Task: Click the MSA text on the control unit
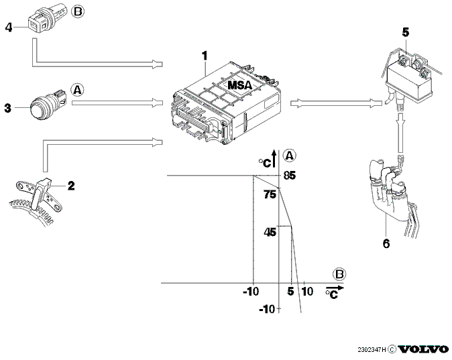(x=240, y=85)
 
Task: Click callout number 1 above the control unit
(x=205, y=56)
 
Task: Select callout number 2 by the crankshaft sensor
(x=71, y=186)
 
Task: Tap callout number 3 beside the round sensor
(x=8, y=108)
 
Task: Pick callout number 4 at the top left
(x=9, y=27)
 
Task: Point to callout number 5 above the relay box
(x=406, y=33)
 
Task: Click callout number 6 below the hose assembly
(x=386, y=243)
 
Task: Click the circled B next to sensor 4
(x=78, y=12)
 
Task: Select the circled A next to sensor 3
(x=77, y=90)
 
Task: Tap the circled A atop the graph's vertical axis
(x=290, y=156)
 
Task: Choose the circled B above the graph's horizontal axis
(x=339, y=274)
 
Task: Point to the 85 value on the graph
(x=290, y=176)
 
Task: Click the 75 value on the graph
(x=270, y=195)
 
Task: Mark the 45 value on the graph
(x=270, y=232)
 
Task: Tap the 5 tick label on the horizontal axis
(x=290, y=292)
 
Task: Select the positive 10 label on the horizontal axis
(x=307, y=292)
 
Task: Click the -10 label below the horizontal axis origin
(x=267, y=309)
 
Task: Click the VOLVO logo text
(x=423, y=349)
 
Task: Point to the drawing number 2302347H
(x=372, y=350)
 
